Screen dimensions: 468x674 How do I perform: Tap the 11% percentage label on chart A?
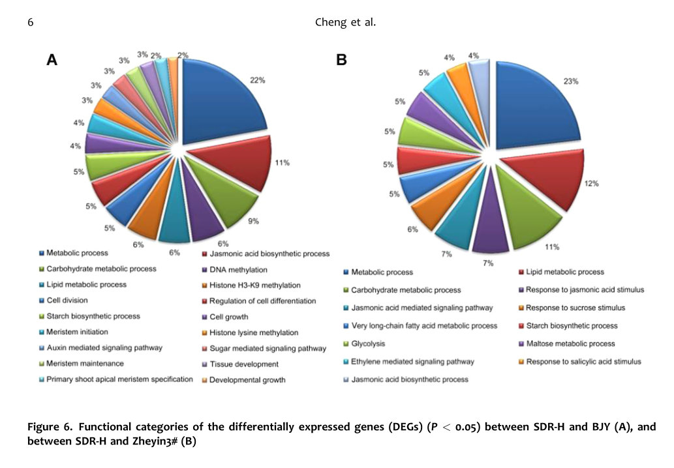(x=282, y=162)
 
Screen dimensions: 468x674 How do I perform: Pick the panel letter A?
(x=52, y=61)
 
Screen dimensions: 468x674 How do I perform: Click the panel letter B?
(x=341, y=61)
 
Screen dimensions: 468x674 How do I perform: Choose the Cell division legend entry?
(x=67, y=300)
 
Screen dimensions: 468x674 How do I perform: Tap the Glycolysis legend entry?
(x=368, y=344)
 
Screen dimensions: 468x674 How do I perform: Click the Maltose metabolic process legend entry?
(x=570, y=344)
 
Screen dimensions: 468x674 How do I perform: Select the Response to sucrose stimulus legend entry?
(x=575, y=308)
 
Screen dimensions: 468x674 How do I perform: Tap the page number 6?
(x=30, y=22)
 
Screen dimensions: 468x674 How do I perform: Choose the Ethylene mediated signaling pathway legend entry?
(x=412, y=361)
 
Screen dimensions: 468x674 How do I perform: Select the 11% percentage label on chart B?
(x=551, y=247)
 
